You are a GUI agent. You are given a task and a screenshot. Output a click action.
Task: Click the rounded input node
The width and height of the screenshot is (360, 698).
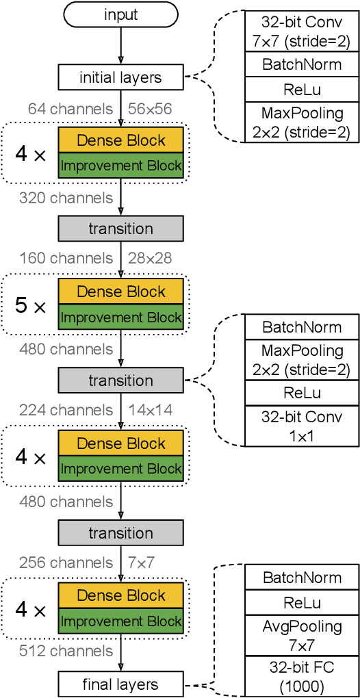[120, 15]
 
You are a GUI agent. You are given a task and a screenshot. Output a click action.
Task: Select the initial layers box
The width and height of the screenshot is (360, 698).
[120, 77]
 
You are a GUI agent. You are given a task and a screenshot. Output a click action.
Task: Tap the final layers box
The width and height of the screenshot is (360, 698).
[120, 684]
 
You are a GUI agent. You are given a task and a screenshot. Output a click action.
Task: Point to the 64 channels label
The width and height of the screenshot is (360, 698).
[70, 109]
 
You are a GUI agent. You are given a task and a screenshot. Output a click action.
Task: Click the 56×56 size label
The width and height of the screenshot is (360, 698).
[150, 109]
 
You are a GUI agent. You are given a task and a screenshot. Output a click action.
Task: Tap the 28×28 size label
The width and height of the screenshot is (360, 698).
[150, 258]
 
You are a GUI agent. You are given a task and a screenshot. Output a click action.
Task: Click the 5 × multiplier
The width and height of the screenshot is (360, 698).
[30, 305]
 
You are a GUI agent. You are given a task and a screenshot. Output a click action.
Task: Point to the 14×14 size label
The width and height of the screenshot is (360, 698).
[150, 410]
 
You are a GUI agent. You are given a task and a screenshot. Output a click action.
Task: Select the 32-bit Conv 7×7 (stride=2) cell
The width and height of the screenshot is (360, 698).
[302, 32]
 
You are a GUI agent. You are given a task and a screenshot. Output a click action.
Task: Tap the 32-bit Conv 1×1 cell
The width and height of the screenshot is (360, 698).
[302, 426]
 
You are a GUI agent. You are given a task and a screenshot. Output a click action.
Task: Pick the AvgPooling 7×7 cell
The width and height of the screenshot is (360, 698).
[302, 635]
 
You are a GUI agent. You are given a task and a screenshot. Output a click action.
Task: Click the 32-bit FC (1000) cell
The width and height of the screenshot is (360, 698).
[302, 674]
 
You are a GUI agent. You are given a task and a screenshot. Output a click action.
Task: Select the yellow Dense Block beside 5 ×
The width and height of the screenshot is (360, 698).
[120, 292]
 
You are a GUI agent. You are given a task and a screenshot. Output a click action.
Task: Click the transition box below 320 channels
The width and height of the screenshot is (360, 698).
[120, 229]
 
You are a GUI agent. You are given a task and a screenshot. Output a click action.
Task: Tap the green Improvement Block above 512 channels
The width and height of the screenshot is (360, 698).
[120, 621]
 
